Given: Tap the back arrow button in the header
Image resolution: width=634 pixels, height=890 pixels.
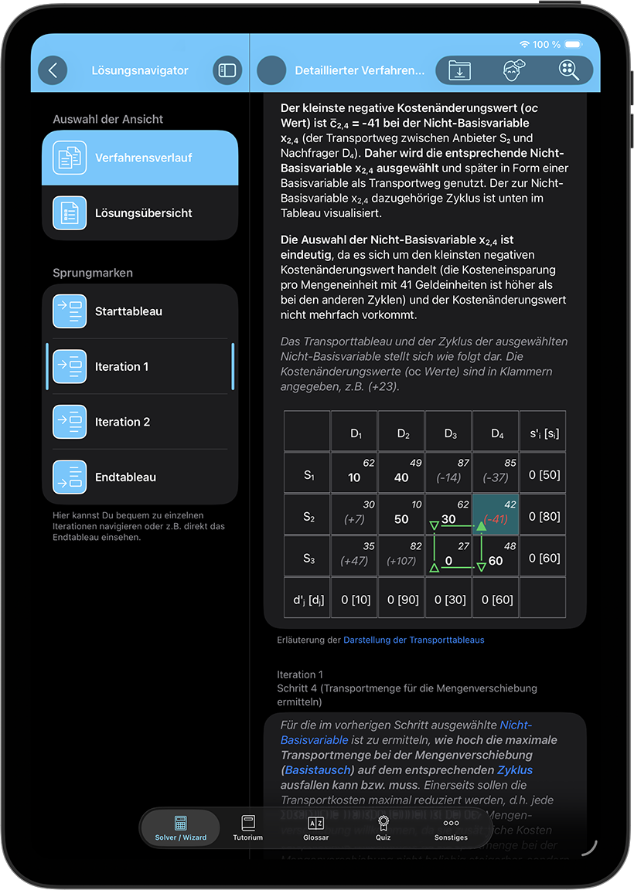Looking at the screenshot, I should click(x=53, y=70).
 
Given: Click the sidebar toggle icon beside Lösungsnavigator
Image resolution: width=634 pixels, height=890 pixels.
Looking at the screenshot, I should click(x=227, y=70).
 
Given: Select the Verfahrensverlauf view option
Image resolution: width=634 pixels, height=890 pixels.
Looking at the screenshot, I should click(x=140, y=158).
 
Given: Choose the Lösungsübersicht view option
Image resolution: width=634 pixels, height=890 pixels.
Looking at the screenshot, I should click(x=140, y=212).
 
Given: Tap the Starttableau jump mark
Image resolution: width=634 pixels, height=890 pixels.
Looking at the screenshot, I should click(x=140, y=311).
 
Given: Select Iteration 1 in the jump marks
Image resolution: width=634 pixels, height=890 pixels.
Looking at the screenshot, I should click(x=140, y=366).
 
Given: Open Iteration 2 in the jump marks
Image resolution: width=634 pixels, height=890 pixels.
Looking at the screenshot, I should click(x=140, y=422).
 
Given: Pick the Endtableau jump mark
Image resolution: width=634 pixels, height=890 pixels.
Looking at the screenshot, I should click(x=140, y=477).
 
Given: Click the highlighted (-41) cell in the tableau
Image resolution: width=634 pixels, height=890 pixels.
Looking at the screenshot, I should click(x=496, y=515).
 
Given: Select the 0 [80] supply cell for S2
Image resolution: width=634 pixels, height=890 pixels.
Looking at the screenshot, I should click(x=544, y=516).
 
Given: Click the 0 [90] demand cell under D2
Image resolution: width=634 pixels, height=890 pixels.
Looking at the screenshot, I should click(x=402, y=600).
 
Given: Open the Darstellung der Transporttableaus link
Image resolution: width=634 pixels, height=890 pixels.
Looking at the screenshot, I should click(x=414, y=640).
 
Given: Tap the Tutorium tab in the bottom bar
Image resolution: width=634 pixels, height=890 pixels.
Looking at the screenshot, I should click(x=248, y=827).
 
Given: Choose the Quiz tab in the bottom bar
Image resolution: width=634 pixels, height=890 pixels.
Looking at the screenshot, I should click(x=383, y=827).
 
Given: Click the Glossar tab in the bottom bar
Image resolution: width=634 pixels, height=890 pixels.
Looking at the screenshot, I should click(x=315, y=827).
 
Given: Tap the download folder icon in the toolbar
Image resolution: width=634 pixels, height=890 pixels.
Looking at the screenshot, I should click(x=459, y=70).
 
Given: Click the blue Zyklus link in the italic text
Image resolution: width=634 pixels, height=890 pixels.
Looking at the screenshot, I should click(x=515, y=769).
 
